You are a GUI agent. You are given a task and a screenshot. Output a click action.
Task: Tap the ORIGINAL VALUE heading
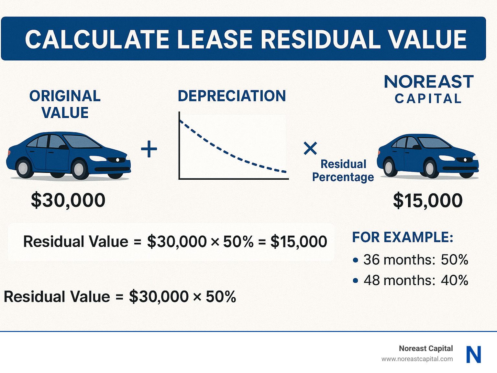[x=65, y=104]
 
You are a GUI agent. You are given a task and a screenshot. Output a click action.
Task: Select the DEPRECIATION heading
[x=232, y=96]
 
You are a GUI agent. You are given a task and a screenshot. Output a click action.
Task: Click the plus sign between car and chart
[x=149, y=149]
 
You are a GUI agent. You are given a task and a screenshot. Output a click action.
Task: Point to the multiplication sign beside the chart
[x=310, y=148]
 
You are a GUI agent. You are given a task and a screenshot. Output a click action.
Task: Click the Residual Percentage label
[x=343, y=171]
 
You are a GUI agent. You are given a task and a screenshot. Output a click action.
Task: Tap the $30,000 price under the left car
[x=68, y=200]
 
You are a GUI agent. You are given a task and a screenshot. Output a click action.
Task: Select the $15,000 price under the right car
[x=427, y=200]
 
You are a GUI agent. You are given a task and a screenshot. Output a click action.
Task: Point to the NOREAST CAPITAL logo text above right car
[x=428, y=89]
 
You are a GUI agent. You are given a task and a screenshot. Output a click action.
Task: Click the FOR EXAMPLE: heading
[x=403, y=237]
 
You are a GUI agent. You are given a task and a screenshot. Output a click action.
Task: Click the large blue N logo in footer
[x=474, y=355]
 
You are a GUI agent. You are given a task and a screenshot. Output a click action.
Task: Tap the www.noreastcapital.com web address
[x=417, y=359]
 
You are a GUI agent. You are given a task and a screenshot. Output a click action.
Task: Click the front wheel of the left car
[x=79, y=169]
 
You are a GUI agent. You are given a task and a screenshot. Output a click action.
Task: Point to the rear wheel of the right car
[x=389, y=167]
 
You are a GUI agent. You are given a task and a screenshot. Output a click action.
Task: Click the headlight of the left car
[x=97, y=158]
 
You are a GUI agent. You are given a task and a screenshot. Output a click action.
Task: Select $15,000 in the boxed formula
[x=299, y=242]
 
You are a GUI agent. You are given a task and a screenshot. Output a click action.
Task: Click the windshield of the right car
[x=433, y=143]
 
